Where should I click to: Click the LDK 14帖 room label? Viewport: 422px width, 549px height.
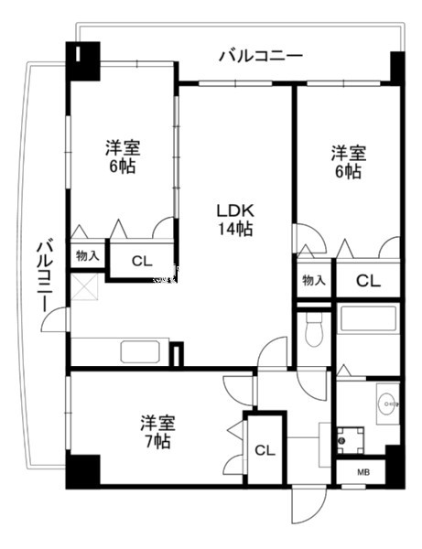pyautogui.click(x=235, y=220)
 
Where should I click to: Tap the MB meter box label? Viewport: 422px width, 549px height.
pyautogui.click(x=363, y=472)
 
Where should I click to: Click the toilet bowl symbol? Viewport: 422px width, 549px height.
pyautogui.click(x=314, y=329)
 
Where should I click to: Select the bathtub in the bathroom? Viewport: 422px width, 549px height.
pyautogui.click(x=368, y=318)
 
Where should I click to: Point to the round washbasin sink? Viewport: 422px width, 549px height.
pyautogui.click(x=388, y=404)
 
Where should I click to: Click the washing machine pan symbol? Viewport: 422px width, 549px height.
pyautogui.click(x=351, y=440)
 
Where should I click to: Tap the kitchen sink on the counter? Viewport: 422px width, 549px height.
pyautogui.click(x=140, y=351)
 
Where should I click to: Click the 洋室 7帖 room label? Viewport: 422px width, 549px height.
pyautogui.click(x=157, y=432)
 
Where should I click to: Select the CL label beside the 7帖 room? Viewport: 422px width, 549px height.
pyautogui.click(x=265, y=450)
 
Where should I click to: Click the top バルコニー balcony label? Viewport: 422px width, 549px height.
pyautogui.click(x=261, y=56)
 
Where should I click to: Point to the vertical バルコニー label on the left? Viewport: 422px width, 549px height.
pyautogui.click(x=45, y=274)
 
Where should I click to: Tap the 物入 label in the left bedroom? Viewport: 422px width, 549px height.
pyautogui.click(x=88, y=256)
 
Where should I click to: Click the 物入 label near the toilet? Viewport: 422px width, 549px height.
pyautogui.click(x=314, y=280)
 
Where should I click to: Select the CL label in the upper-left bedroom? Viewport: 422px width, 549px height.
pyautogui.click(x=142, y=261)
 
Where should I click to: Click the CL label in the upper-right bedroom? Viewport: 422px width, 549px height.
pyautogui.click(x=368, y=281)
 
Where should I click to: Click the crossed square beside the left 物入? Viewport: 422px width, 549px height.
pyautogui.click(x=84, y=287)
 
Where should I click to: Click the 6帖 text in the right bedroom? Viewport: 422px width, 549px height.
pyautogui.click(x=348, y=171)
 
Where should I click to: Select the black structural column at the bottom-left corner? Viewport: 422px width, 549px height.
pyautogui.click(x=83, y=471)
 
